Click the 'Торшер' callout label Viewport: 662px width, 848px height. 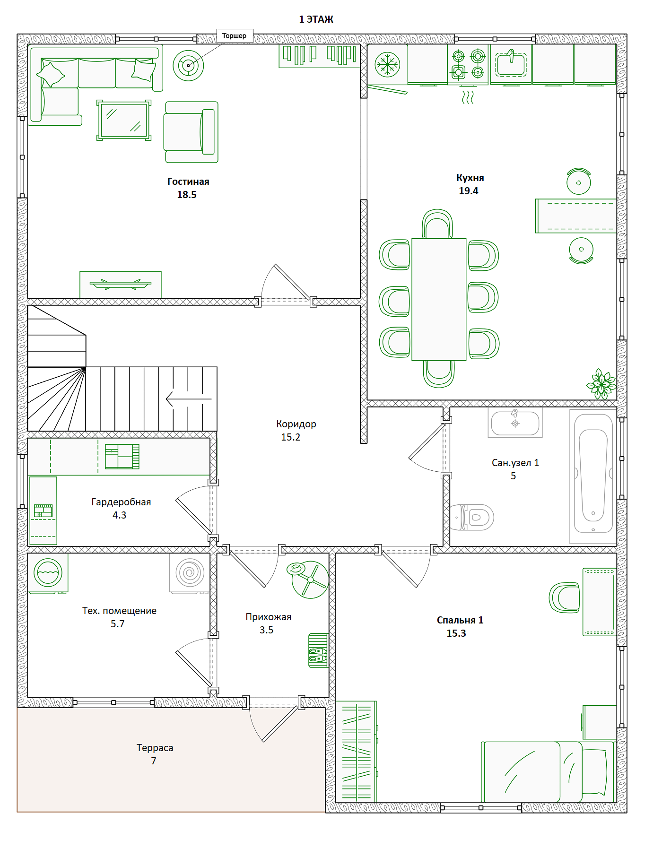[235, 36]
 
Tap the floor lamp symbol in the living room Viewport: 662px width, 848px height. [188, 66]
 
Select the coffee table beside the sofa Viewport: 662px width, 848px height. [124, 120]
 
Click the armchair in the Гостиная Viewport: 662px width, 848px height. [191, 132]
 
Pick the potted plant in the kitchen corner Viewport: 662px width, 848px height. [601, 384]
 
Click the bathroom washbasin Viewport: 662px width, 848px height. [515, 423]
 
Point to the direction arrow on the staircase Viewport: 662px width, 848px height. [189, 399]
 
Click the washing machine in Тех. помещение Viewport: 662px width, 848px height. [48, 573]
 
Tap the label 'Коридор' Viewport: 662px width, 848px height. [296, 424]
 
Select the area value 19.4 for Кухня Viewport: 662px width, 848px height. [469, 191]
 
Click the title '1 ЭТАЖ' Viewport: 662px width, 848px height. [316, 19]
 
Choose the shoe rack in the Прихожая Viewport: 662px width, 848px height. [318, 650]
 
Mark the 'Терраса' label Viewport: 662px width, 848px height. [155, 748]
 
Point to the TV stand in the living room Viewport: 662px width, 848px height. [121, 285]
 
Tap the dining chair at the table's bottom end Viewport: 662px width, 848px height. [439, 373]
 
